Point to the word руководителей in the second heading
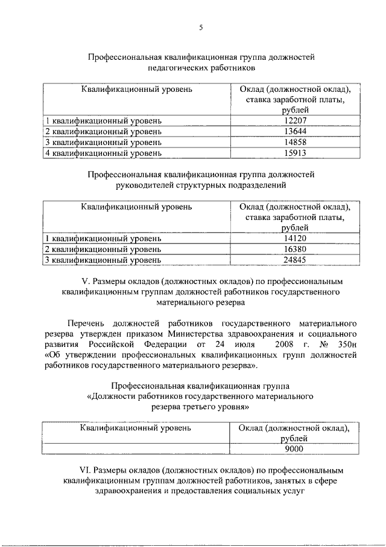[149, 185]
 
